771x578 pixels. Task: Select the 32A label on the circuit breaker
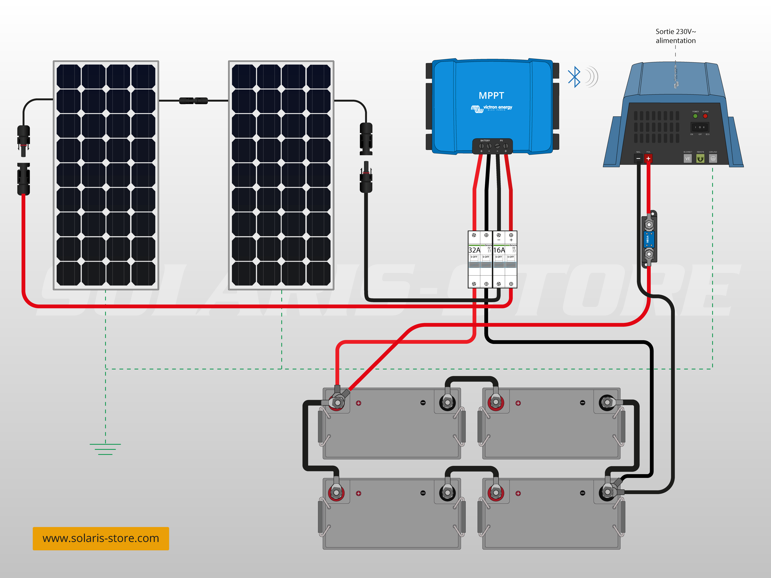pos(474,250)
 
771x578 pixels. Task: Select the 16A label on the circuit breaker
pos(499,250)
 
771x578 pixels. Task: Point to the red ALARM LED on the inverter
pos(705,116)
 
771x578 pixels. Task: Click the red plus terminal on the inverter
pos(648,159)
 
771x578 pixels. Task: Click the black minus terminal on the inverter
pos(638,159)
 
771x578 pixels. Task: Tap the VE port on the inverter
pos(687,159)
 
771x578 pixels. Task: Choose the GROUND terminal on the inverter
pos(713,159)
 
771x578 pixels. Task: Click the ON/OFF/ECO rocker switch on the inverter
pos(699,127)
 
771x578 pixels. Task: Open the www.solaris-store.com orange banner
pos(101,538)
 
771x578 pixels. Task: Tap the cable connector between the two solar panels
pos(194,101)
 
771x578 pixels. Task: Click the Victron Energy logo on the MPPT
pos(491,108)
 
